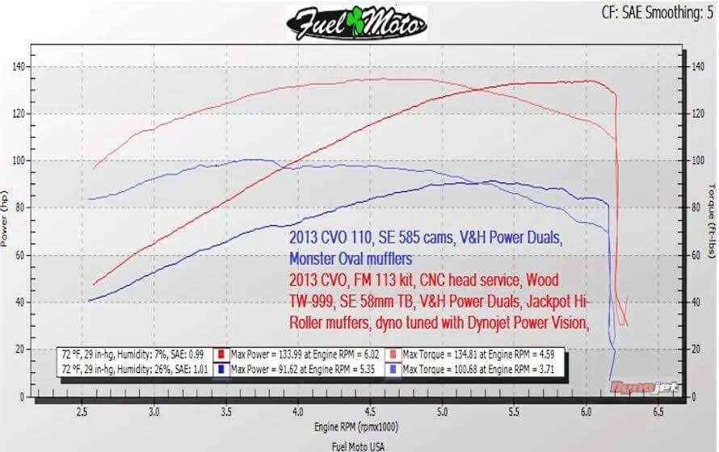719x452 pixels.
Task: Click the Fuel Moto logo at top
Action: pos(357,22)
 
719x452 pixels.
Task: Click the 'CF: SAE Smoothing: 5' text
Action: pos(657,12)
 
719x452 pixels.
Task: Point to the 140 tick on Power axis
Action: pos(19,66)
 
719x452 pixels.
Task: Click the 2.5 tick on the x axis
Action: pos(82,412)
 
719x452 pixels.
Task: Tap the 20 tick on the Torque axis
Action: pos(694,349)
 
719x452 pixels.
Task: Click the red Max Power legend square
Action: pos(220,354)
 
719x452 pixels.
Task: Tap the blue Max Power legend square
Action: pos(220,367)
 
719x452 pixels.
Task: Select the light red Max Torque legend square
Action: pos(393,354)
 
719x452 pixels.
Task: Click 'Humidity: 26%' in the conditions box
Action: pos(148,367)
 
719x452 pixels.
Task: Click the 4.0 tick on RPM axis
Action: pos(299,412)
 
